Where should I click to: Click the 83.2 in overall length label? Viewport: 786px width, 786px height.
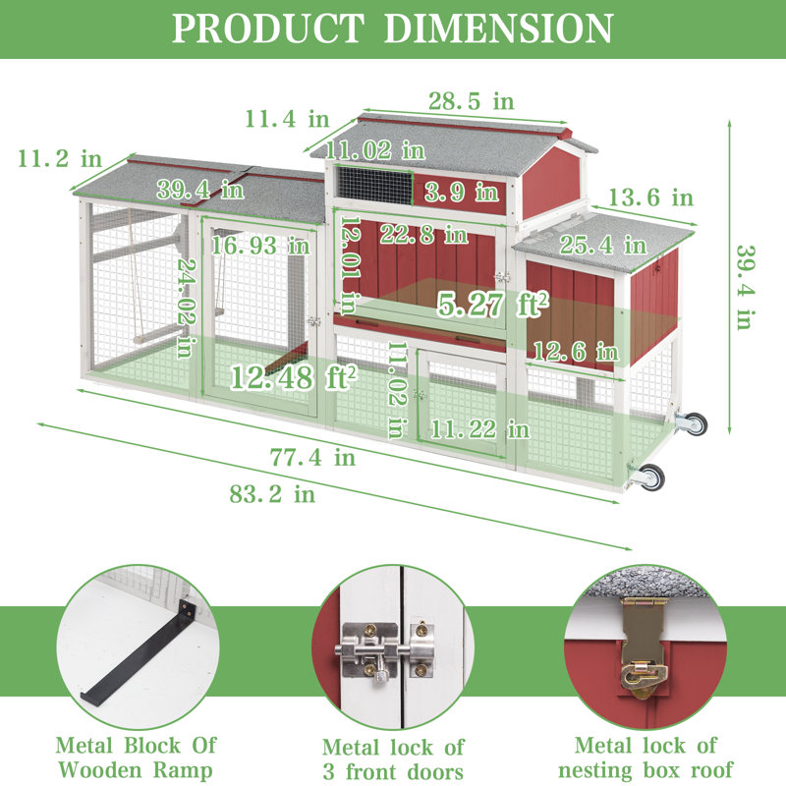pos(272,494)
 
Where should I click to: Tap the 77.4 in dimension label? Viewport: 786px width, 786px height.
pos(312,457)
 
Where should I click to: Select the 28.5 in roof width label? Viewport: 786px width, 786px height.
pos(472,101)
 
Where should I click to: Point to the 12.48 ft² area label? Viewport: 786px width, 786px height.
pos(294,377)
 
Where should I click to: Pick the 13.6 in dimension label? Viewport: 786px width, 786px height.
pos(650,197)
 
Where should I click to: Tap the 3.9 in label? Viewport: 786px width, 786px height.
pos(462,192)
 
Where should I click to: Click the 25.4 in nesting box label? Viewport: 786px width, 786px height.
pos(603,245)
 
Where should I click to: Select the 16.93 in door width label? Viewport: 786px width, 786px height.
pos(260,246)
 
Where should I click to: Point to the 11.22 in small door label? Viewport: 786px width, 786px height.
pos(479,429)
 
